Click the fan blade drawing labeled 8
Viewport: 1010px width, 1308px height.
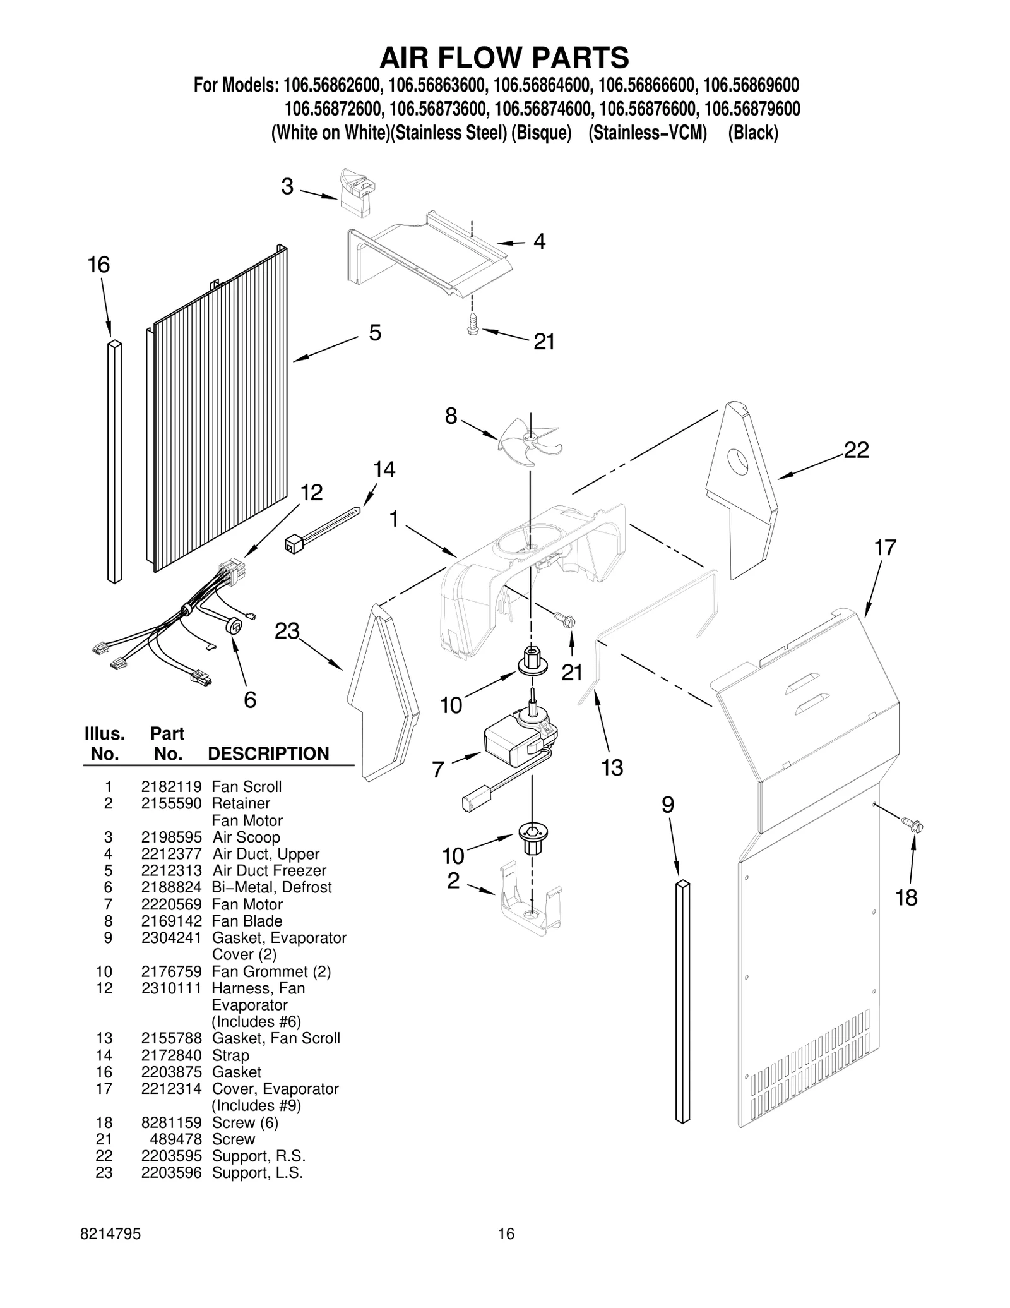tap(529, 442)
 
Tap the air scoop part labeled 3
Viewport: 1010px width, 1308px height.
tap(356, 193)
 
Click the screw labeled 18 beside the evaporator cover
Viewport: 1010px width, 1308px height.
tap(912, 824)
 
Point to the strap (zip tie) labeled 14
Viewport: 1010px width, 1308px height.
tap(322, 527)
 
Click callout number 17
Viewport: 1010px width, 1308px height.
tap(885, 548)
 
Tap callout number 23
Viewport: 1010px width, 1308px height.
tap(287, 631)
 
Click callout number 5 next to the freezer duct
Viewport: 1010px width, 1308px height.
tap(375, 333)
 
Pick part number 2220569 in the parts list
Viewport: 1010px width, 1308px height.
tap(171, 904)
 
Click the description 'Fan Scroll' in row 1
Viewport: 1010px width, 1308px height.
tap(246, 786)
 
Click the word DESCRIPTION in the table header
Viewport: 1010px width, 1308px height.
tap(268, 753)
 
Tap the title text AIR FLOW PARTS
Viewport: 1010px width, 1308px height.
tap(504, 57)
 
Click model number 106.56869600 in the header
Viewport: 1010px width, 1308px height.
tap(751, 85)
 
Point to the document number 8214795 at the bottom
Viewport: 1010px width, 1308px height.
tap(111, 1251)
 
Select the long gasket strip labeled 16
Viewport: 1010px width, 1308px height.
tap(114, 461)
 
